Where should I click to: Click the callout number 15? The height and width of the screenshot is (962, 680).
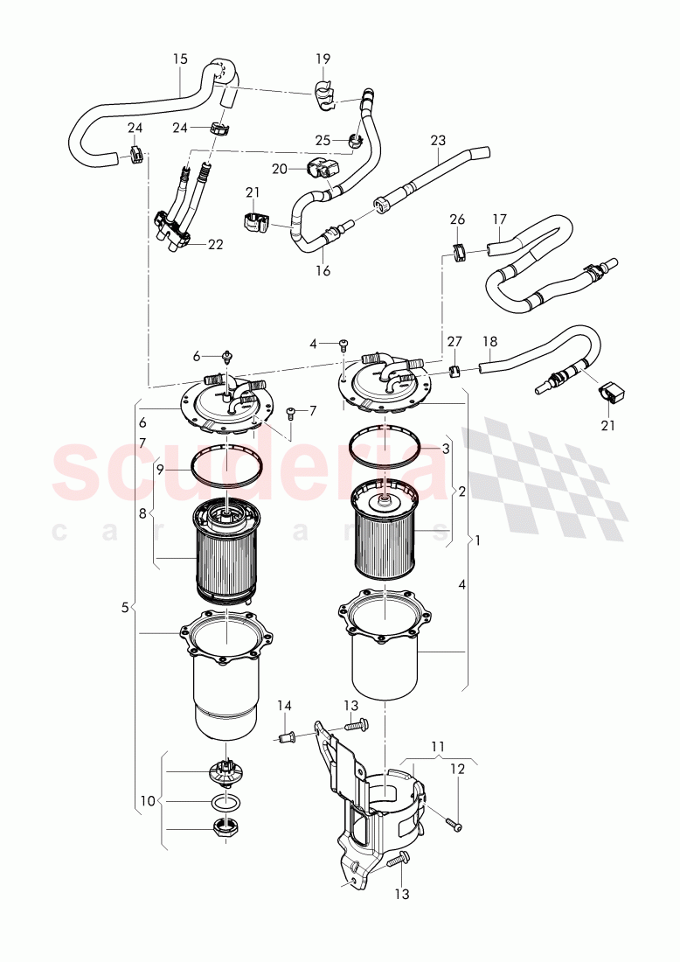click(x=180, y=59)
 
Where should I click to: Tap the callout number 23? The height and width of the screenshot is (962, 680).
click(x=438, y=140)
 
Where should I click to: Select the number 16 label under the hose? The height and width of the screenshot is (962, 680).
click(x=323, y=271)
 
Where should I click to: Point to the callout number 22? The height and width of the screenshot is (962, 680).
click(x=215, y=245)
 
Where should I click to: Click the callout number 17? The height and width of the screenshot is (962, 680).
click(x=499, y=219)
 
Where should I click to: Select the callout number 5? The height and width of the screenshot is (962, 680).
click(x=125, y=606)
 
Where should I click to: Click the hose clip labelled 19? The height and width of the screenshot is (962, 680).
click(x=324, y=96)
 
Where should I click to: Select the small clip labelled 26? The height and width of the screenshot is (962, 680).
click(x=460, y=252)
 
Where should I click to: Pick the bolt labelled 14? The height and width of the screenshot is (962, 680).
click(x=284, y=737)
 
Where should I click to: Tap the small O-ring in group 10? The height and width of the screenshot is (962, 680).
click(x=226, y=801)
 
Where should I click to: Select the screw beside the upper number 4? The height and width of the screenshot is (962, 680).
click(x=343, y=345)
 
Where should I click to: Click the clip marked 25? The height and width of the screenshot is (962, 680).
click(x=356, y=139)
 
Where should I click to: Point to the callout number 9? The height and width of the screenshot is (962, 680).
click(x=160, y=469)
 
